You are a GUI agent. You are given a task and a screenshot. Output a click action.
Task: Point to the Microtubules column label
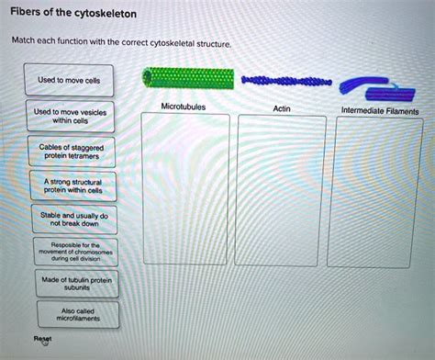(x=183, y=107)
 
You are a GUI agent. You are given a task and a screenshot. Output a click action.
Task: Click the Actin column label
(x=282, y=108)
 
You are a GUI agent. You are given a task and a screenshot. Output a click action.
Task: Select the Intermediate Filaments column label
(x=380, y=110)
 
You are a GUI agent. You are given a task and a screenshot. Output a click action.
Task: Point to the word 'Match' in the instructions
(x=23, y=41)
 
